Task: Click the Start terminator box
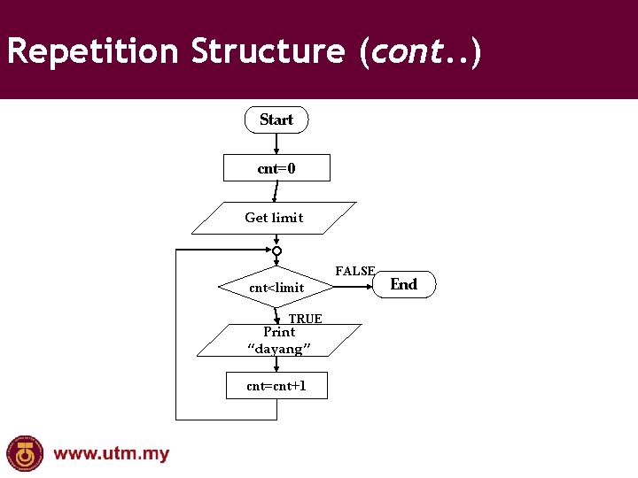point(276,119)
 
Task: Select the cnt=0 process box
point(276,168)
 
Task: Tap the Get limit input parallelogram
point(274,218)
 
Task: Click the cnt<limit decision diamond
point(276,288)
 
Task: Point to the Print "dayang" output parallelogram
point(279,341)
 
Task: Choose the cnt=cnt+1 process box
point(276,386)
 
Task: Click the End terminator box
point(403,284)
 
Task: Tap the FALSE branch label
point(355,272)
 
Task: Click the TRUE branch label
point(306,319)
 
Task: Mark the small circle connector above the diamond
point(276,251)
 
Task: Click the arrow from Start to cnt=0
point(276,144)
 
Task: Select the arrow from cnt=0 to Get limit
point(276,192)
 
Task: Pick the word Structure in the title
point(267,51)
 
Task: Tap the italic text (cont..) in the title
point(420,51)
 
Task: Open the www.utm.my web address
point(112,454)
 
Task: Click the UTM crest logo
point(25,454)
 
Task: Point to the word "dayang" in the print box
point(279,350)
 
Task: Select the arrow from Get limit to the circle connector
point(276,240)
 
